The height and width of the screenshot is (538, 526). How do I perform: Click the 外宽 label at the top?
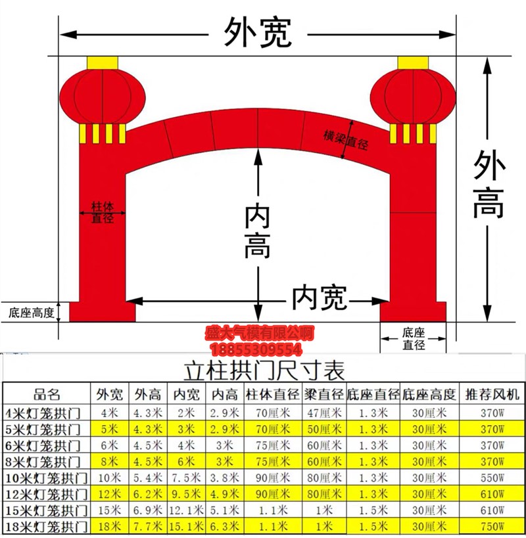click(258, 32)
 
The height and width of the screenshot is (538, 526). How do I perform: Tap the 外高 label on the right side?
click(489, 185)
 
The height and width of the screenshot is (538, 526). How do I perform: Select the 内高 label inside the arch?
click(257, 231)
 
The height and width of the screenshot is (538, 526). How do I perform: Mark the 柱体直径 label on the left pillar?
click(103, 212)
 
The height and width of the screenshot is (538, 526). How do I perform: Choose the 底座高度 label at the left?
click(31, 312)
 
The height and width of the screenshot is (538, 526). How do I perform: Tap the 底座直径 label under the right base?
click(414, 338)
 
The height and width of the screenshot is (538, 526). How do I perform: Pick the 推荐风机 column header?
click(492, 395)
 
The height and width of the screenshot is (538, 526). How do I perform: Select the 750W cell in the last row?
click(492, 526)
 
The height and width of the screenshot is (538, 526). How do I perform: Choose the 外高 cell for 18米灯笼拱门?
click(147, 526)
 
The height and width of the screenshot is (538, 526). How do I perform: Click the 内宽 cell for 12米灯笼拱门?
click(185, 493)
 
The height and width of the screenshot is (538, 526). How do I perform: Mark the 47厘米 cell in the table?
click(325, 413)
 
